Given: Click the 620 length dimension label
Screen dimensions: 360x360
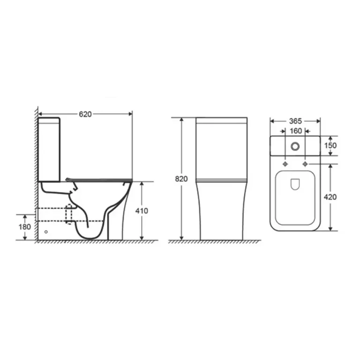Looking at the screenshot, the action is (85, 114).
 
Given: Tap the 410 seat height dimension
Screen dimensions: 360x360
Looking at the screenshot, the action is (142, 211).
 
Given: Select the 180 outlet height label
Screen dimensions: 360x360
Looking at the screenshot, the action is (24, 227).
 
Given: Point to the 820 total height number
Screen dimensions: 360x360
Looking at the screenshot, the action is (181, 179).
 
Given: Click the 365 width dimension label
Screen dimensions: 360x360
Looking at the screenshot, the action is (295, 121).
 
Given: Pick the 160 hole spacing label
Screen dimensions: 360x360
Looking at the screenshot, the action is (296, 131).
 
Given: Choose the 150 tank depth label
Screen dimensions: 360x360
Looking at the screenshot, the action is (330, 145).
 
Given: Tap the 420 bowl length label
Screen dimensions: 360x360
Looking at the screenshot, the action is (330, 197).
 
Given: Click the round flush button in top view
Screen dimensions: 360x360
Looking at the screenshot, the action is (295, 146).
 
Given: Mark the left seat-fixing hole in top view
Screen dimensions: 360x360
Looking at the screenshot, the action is (285, 164).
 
